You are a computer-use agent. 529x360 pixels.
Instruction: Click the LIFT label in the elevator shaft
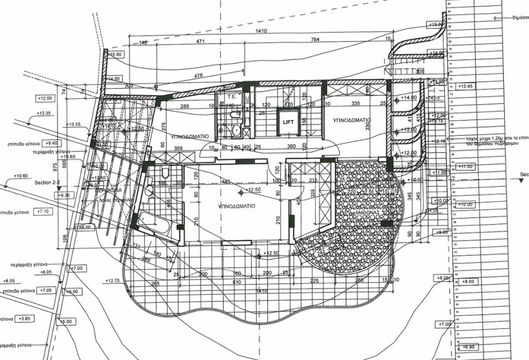[288, 122]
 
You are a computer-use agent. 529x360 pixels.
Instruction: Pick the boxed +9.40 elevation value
[51, 143]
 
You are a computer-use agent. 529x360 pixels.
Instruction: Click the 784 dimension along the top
[316, 41]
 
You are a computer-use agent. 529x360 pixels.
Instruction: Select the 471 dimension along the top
[200, 41]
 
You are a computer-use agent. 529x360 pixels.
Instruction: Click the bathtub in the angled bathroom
[154, 226]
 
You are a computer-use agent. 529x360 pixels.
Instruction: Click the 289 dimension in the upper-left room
[183, 106]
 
